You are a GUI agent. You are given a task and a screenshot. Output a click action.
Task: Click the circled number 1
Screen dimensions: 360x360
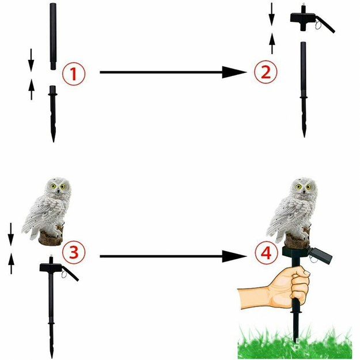pyautogui.click(x=74, y=73)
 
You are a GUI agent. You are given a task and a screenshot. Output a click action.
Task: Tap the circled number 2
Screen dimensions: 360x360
pyautogui.click(x=266, y=73)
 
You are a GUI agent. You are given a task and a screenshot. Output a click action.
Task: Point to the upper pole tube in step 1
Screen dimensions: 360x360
pyautogui.click(x=54, y=44)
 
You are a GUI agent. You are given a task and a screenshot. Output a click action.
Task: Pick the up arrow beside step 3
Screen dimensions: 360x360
pyautogui.click(x=12, y=264)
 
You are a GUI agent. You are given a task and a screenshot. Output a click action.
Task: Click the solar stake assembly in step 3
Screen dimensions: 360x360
pyautogui.click(x=53, y=300)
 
